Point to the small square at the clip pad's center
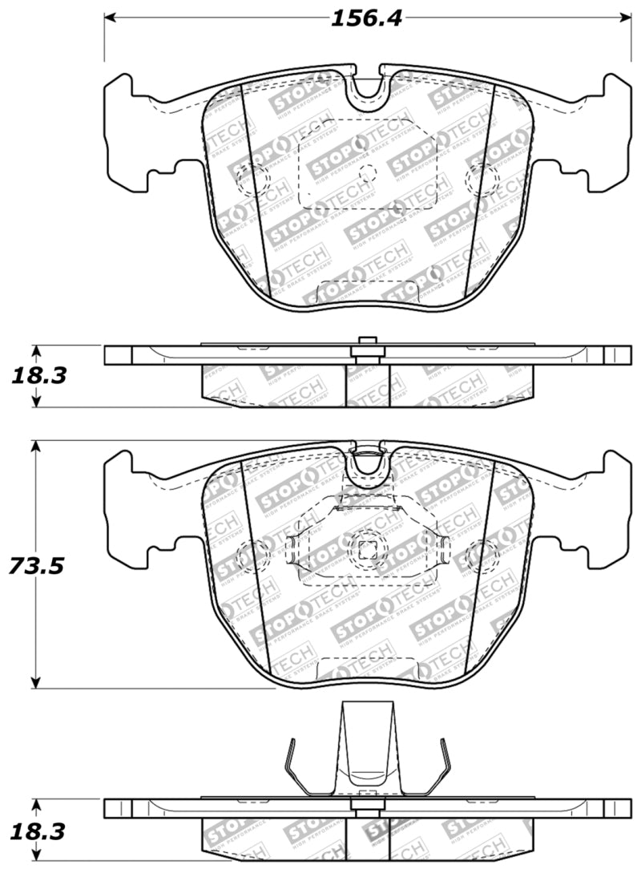tap(368, 549)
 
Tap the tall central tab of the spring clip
tap(367, 746)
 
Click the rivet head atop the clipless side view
tap(367, 342)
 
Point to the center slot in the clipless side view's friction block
tap(367, 386)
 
